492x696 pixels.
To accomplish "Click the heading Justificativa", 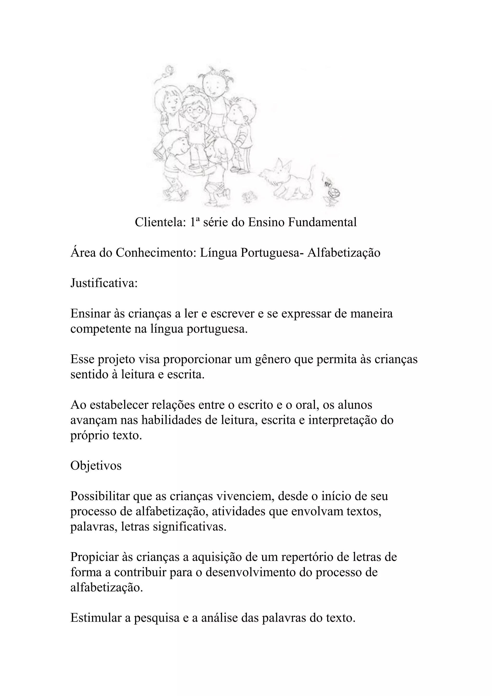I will click(104, 283).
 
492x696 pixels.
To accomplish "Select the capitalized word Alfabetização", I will click(344, 253).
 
